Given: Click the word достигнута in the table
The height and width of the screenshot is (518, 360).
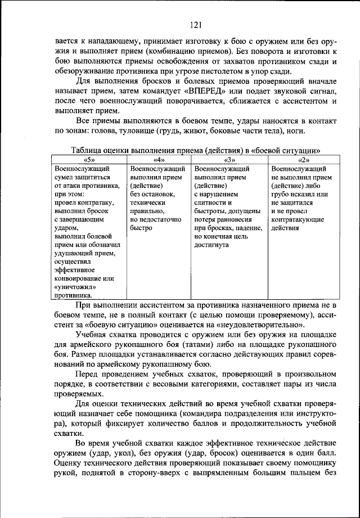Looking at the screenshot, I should point(212,245).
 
